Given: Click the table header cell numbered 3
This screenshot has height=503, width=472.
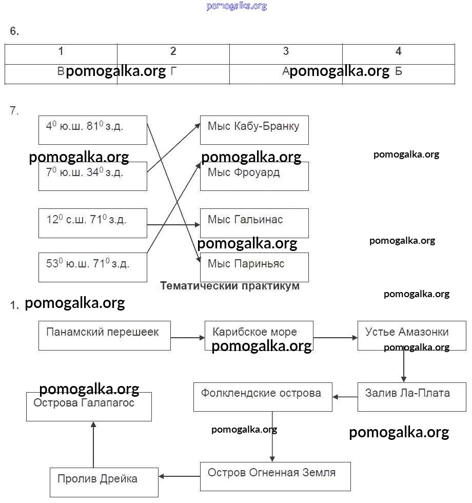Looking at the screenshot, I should coord(286,51).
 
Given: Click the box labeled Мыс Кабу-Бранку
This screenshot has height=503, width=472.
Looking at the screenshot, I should coord(254,130).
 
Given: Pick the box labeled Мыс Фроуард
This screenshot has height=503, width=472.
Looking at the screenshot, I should coord(254,176).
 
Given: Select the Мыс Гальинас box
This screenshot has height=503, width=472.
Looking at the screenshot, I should coord(254,223).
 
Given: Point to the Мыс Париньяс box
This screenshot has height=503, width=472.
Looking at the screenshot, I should coord(254,267).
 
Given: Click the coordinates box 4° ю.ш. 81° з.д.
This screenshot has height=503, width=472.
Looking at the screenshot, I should coord(92,130).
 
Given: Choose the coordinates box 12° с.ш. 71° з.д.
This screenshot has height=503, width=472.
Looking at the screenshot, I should coord(92,223).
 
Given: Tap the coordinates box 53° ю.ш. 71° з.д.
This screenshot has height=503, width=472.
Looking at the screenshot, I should coord(92,267).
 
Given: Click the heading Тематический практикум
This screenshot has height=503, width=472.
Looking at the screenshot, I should coord(230,286).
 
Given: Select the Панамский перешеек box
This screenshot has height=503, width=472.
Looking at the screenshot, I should coord(104,336).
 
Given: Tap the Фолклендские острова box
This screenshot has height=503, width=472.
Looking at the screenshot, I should coord(263,396).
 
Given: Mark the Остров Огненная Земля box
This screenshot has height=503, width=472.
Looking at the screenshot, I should coord(275,476).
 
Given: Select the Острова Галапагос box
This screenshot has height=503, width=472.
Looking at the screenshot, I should coord(89,407).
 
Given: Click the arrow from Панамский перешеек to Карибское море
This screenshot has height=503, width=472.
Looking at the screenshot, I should coord(187,338).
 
